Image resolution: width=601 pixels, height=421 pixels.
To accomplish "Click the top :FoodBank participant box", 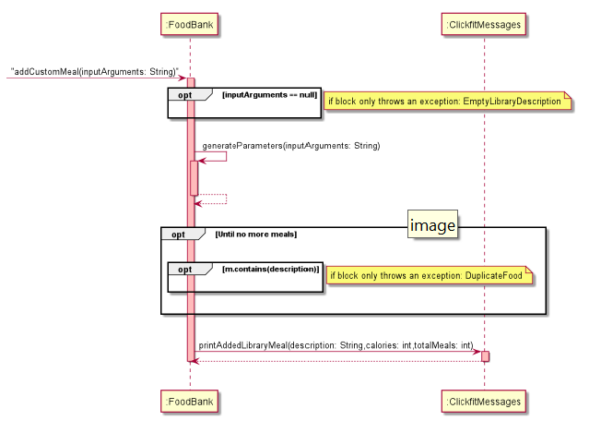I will (x=190, y=24).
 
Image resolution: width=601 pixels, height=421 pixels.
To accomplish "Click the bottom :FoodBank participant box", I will (x=190, y=402).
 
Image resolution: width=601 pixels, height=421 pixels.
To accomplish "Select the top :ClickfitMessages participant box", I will (x=484, y=24).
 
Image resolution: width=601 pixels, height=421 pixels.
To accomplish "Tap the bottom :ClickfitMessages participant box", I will (x=484, y=402).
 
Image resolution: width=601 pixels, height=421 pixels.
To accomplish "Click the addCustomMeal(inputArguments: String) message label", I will (x=94, y=70).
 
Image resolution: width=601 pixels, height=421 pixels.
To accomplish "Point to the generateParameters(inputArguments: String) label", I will (x=291, y=146).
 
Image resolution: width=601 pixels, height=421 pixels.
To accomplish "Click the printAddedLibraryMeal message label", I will (x=336, y=344).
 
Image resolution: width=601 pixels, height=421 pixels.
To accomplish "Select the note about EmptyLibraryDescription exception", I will (x=445, y=101).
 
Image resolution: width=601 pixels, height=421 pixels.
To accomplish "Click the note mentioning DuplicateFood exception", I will (x=430, y=275).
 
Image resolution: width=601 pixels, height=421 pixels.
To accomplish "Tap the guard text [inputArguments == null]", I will (x=269, y=94).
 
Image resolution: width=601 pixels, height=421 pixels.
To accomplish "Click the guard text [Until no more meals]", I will (x=255, y=235).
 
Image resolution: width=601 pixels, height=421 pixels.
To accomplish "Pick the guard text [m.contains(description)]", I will (x=272, y=269).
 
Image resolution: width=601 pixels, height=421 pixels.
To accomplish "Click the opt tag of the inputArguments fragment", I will (x=183, y=95).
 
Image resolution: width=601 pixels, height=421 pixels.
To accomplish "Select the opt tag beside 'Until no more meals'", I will (x=177, y=235).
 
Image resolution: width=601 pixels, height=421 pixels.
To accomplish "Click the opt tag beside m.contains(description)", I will (x=184, y=270).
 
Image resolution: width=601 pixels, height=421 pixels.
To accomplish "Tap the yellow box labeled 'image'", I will (x=432, y=224).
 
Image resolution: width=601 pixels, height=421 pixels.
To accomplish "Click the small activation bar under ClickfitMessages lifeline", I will (x=485, y=356).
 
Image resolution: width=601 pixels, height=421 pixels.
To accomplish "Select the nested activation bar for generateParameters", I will (x=194, y=177).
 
